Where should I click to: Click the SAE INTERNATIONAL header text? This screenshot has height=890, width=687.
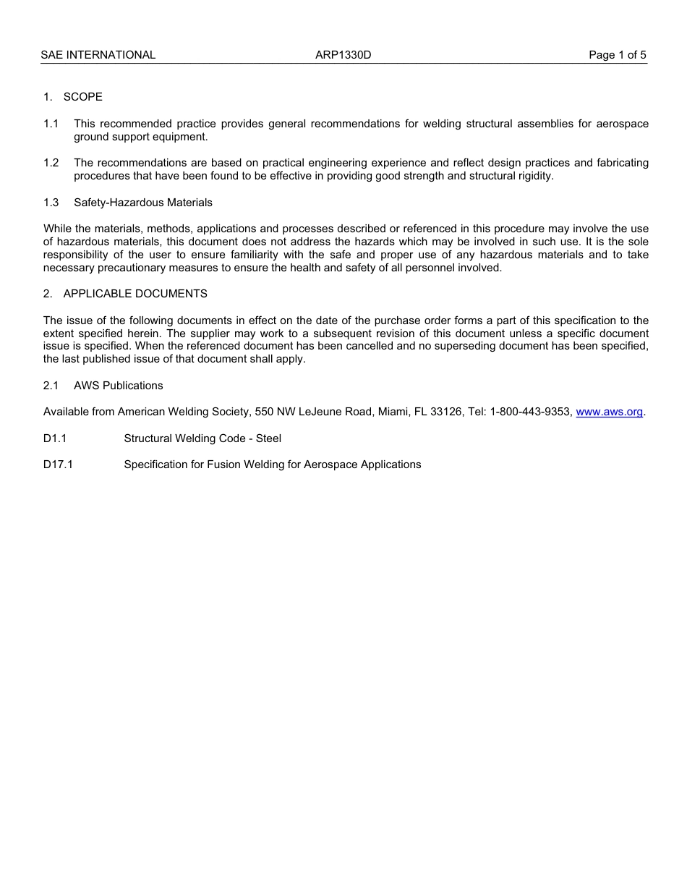click(x=98, y=55)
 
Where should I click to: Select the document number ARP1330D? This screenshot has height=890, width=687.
click(x=343, y=55)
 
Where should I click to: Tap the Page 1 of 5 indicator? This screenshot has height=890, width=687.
click(x=617, y=55)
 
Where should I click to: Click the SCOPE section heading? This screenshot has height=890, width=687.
click(x=82, y=97)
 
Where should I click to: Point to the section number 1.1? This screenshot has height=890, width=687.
click(x=51, y=124)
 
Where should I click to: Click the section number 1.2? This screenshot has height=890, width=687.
click(x=51, y=163)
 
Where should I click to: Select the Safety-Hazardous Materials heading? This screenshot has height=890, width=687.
click(x=142, y=203)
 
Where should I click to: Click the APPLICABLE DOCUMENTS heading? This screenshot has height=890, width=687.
click(x=135, y=294)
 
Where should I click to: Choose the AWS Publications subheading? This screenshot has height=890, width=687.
click(x=118, y=386)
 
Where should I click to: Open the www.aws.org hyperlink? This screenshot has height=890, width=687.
click(x=609, y=412)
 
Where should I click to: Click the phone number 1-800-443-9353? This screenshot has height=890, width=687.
click(x=531, y=412)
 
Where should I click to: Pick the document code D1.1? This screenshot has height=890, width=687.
click(x=54, y=438)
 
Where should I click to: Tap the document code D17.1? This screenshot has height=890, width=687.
click(x=58, y=465)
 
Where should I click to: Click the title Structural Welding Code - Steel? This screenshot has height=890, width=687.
click(x=202, y=438)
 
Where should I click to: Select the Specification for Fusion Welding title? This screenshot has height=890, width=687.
click(x=272, y=465)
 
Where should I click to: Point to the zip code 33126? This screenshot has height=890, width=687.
click(x=446, y=412)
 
